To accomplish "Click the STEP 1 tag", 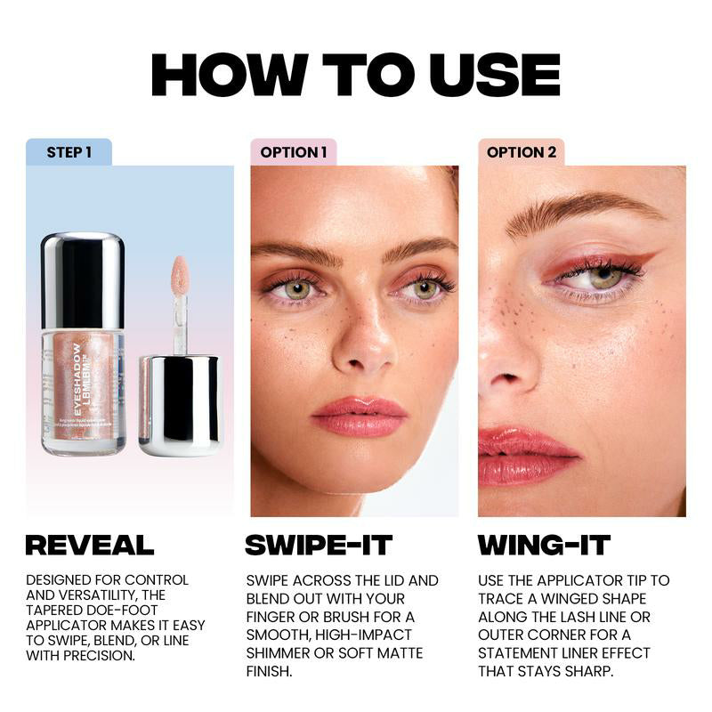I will tap(69, 152).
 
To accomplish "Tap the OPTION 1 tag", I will tap(293, 152).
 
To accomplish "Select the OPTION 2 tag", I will tap(521, 152).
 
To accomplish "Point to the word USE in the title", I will tap(492, 75).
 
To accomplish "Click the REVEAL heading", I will tap(89, 545).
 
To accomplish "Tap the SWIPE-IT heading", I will tap(318, 545).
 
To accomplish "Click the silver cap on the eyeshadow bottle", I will tap(82, 280).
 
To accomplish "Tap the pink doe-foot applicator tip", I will tap(180, 273).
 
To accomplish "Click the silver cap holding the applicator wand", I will tap(180, 405).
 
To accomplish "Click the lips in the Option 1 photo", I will tap(360, 417).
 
